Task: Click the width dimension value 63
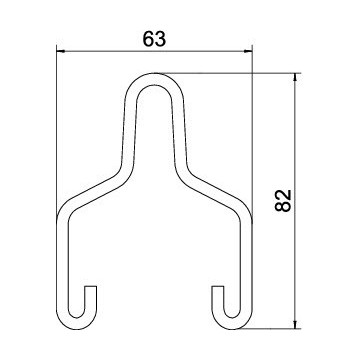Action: [154, 39]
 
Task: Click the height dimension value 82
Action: [283, 201]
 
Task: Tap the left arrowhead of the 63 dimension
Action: [60, 51]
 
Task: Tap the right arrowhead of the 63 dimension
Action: [248, 51]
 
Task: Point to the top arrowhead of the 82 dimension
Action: [295, 77]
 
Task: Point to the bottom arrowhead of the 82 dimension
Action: [295, 325]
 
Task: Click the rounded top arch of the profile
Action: [154, 79]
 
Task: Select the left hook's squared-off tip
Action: [91, 287]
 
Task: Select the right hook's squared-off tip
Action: [218, 287]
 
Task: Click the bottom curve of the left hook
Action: [77, 324]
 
